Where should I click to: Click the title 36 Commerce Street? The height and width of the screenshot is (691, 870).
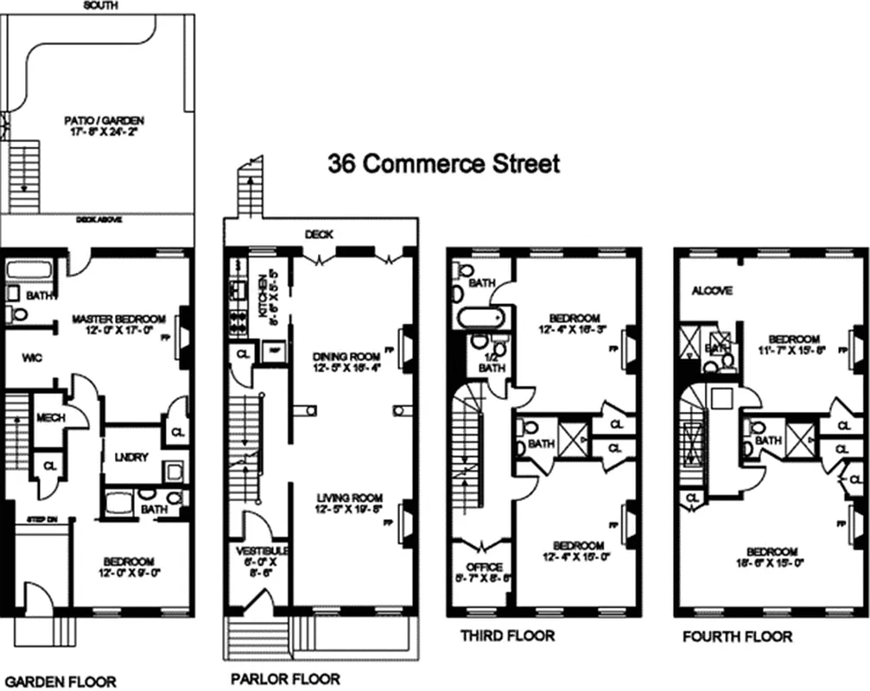coord(443,163)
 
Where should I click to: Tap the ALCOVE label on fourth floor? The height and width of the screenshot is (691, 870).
coord(712,291)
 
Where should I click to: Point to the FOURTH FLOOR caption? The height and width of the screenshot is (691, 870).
coord(737,637)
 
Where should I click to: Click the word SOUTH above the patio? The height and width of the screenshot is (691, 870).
coord(100,5)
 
